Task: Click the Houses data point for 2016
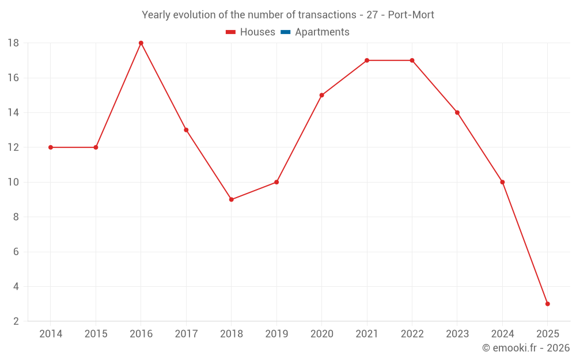(x=141, y=43)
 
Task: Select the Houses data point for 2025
(x=547, y=304)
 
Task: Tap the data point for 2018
(x=231, y=199)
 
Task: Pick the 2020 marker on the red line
(x=321, y=95)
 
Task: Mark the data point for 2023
(x=457, y=112)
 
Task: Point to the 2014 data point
(x=51, y=147)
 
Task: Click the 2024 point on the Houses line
(x=502, y=182)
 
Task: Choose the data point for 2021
(x=367, y=60)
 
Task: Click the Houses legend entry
(x=257, y=32)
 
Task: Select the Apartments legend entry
(x=322, y=32)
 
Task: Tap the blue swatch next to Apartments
(x=285, y=32)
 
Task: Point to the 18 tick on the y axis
(x=13, y=43)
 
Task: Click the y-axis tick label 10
(x=13, y=182)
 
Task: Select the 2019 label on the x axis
(x=276, y=334)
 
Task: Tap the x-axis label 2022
(x=412, y=334)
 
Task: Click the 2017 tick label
(x=186, y=334)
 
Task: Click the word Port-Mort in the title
(x=411, y=14)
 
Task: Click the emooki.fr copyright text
(x=526, y=348)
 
